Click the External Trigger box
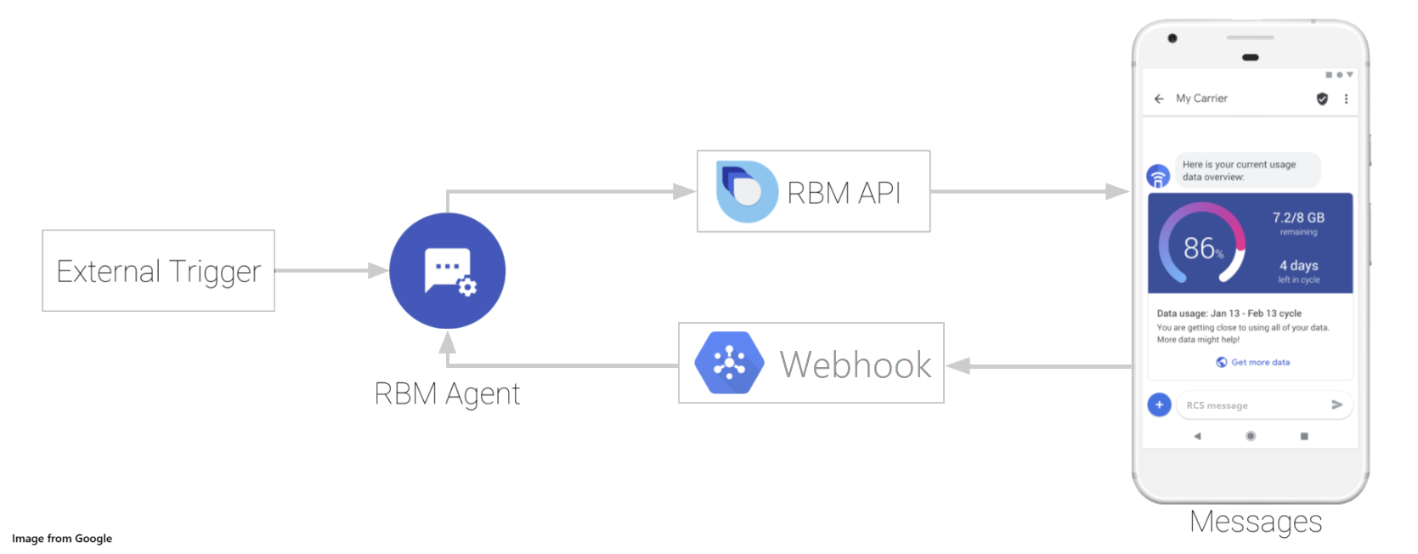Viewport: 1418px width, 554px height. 158,270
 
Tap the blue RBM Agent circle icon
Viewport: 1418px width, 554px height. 448,270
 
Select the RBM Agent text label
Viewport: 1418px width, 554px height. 447,393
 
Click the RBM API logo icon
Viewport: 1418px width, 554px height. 747,191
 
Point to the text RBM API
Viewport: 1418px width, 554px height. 844,193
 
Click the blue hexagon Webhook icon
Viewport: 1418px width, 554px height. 729,363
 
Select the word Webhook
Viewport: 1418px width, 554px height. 856,365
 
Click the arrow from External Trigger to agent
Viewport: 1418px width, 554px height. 331,270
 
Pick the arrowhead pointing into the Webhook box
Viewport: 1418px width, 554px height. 958,366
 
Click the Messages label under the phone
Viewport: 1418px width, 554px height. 1256,522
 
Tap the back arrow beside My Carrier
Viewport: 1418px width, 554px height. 1159,99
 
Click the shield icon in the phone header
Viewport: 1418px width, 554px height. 1322,99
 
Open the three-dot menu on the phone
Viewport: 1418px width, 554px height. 1346,99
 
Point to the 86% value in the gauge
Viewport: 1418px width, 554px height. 1203,248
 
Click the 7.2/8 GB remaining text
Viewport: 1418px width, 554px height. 1298,223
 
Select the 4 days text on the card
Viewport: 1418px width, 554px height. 1298,265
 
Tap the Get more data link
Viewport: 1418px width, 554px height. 1253,362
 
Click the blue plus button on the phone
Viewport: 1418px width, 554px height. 1159,404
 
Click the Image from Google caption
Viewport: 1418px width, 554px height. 62,538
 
